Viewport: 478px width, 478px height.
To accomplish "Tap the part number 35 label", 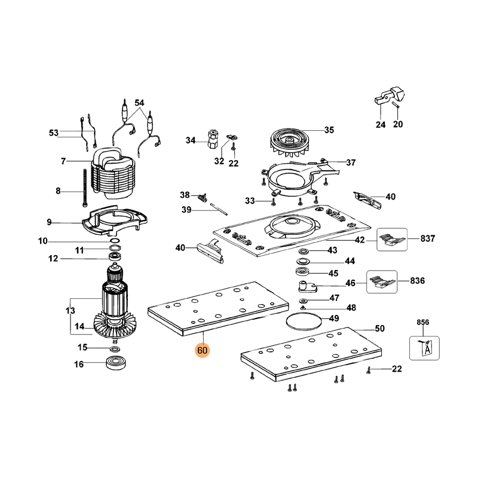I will [x=329, y=130].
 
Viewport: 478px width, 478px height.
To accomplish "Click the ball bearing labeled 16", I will [x=114, y=363].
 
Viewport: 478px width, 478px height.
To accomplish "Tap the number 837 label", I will [x=427, y=238].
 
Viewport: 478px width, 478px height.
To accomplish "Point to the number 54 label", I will [x=139, y=103].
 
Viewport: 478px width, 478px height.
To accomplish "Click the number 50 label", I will [x=379, y=329].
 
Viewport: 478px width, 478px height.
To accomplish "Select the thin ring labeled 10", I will [x=115, y=241].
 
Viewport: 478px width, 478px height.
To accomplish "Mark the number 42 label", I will [x=360, y=240].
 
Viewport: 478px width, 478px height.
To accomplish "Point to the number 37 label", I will [x=351, y=162].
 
